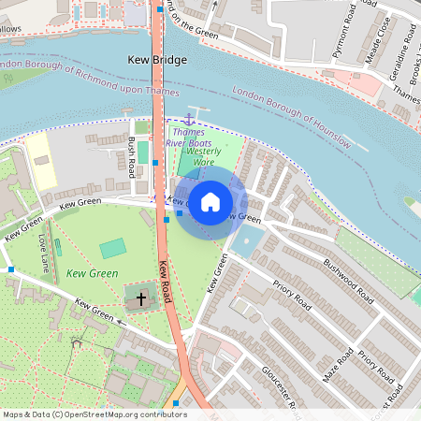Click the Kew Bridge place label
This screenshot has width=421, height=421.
[x=157, y=60]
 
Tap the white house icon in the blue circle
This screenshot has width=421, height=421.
[x=210, y=201]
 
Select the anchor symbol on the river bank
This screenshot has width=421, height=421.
[x=188, y=119]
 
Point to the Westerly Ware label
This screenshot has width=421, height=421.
[x=204, y=155]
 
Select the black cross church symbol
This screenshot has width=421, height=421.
[x=141, y=299]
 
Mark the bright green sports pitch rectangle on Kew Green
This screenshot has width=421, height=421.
[x=112, y=248]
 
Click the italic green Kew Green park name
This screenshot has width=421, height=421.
[x=92, y=273]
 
